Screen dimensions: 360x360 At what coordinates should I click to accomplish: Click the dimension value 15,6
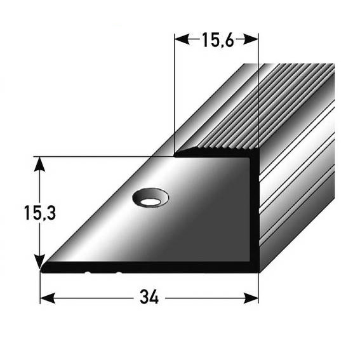coord(217,41)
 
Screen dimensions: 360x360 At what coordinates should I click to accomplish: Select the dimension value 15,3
coord(40,214)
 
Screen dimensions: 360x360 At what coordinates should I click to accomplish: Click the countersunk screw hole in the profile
coord(150,199)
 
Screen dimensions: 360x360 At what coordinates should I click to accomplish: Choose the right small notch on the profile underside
coord(119,273)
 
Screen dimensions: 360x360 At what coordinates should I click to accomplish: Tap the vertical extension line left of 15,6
coord(174,95)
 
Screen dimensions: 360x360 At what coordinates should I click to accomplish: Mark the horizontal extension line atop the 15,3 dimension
coord(102,156)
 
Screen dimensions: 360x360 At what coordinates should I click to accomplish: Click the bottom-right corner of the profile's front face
coord(257,270)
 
